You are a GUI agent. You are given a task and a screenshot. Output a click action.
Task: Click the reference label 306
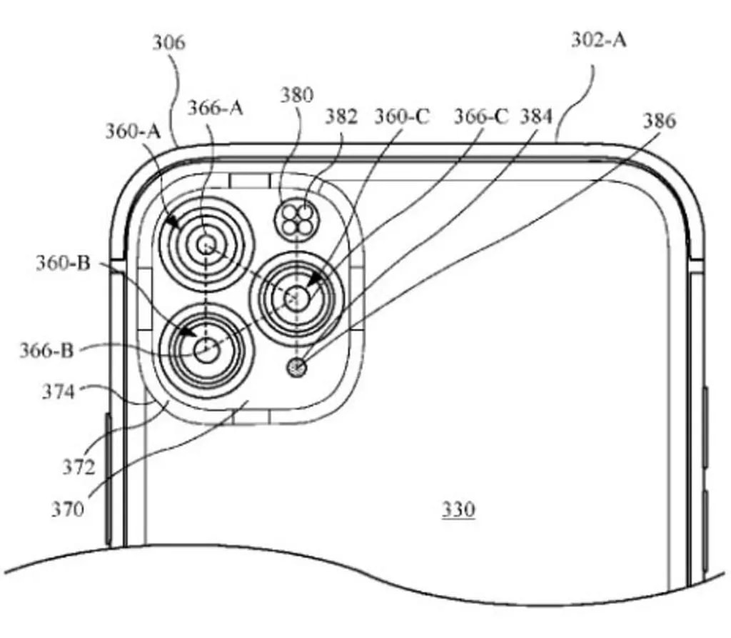click(x=169, y=43)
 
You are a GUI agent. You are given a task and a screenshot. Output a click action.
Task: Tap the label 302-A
click(x=598, y=40)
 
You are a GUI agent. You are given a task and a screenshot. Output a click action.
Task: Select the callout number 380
click(x=296, y=94)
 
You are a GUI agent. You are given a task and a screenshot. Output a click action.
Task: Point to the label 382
click(x=341, y=116)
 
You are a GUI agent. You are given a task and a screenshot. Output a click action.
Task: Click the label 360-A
click(x=133, y=131)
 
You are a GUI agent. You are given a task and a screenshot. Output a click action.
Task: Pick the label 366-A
click(x=215, y=108)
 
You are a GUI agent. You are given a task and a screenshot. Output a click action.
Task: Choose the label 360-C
click(x=403, y=116)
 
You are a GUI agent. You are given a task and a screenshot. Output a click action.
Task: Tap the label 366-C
click(x=481, y=116)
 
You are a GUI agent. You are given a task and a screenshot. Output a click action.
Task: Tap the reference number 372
click(x=78, y=467)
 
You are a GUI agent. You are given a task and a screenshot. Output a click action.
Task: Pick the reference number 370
click(x=67, y=509)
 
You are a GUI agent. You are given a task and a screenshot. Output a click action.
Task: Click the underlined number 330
click(x=458, y=510)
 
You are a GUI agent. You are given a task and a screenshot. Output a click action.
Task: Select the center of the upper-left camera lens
click(x=206, y=245)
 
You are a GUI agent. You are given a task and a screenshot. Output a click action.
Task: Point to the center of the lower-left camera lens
click(x=206, y=349)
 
